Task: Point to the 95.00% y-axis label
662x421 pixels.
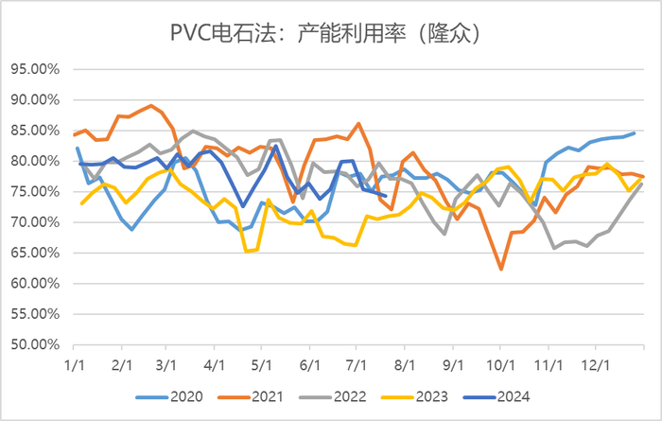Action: click(36, 69)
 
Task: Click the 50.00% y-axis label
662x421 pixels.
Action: click(36, 344)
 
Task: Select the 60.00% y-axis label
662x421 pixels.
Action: click(36, 283)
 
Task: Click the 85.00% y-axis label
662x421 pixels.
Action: click(36, 131)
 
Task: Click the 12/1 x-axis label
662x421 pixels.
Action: click(595, 363)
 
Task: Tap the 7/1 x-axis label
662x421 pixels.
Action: click(357, 363)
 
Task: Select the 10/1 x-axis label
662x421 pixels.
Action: click(499, 363)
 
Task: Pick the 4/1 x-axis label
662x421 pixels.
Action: click(215, 363)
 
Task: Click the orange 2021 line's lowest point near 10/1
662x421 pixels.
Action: click(501, 270)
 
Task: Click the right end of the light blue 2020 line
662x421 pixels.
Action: click(634, 133)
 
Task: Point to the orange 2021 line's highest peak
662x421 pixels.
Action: click(151, 106)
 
